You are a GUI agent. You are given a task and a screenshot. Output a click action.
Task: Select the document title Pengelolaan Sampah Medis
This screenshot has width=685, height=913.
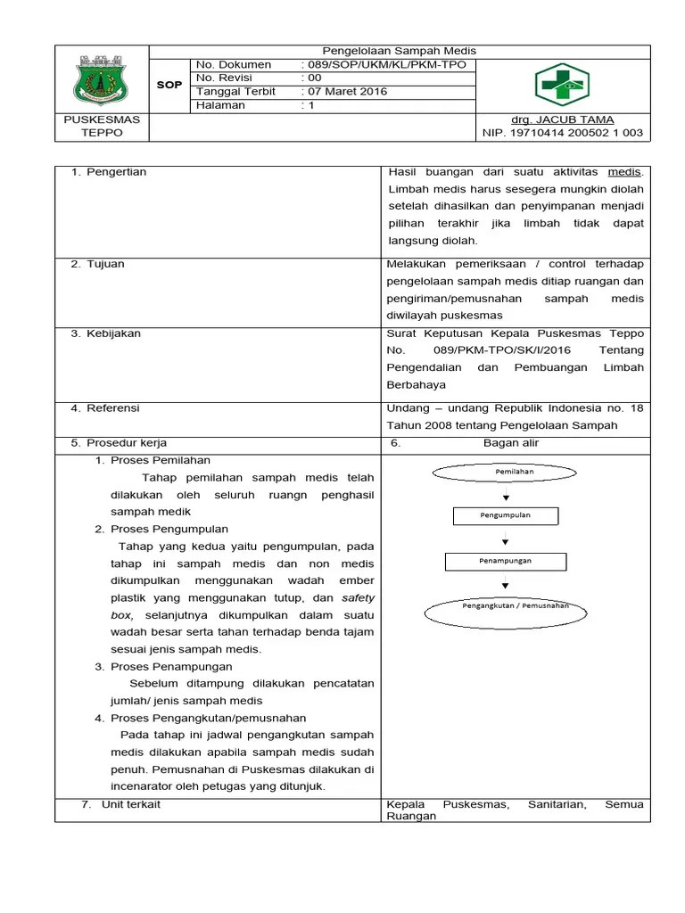[399, 51]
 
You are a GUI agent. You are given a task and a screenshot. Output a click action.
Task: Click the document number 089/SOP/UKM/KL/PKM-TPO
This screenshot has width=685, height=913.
[385, 65]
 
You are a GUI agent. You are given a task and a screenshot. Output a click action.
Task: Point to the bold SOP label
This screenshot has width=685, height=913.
[169, 86]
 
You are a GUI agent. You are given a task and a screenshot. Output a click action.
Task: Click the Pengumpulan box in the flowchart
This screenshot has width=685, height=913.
[506, 515]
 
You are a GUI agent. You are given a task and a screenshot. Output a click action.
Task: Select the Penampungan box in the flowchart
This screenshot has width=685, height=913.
[505, 561]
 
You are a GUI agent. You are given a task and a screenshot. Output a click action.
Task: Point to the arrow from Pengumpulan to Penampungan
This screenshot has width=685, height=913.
[506, 539]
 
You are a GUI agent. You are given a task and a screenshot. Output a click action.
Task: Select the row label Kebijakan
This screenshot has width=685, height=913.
[113, 333]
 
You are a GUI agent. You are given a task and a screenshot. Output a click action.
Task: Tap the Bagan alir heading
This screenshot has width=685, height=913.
[511, 442]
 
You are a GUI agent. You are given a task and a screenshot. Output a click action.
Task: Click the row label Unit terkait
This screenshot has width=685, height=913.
[123, 804]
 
